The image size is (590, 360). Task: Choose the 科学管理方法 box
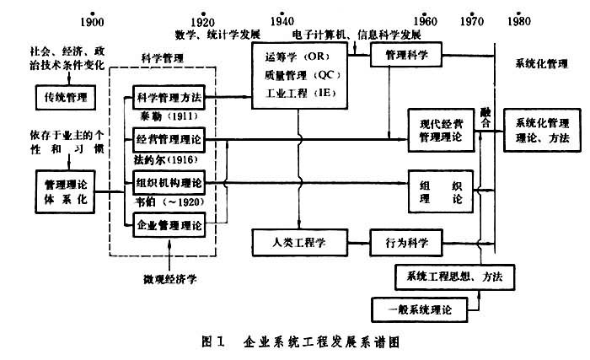pyautogui.click(x=169, y=98)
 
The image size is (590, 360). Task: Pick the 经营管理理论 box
pyautogui.click(x=169, y=137)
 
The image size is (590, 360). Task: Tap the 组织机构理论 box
pyautogui.click(x=169, y=181)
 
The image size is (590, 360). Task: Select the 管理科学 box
pyautogui.click(x=408, y=56)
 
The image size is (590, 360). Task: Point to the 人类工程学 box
pyautogui.click(x=300, y=243)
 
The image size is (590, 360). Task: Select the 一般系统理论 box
pyautogui.click(x=419, y=309)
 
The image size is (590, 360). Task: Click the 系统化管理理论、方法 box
pyautogui.click(x=542, y=129)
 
